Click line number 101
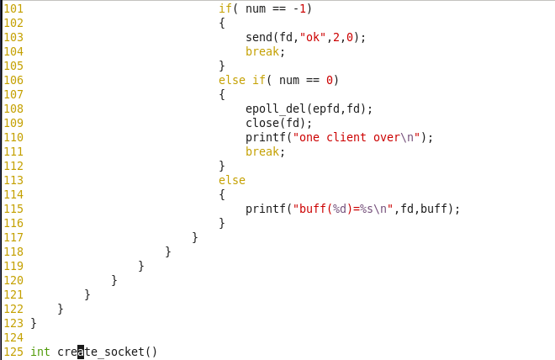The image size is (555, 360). point(13,8)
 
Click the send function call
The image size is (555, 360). point(259,37)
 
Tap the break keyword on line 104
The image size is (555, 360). point(262,51)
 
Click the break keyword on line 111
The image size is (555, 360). point(262,151)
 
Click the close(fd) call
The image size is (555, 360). point(278,123)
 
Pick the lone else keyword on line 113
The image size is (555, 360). point(232,180)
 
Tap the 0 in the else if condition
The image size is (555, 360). point(330,80)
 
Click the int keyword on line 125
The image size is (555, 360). point(40,352)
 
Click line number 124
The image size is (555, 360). point(13,337)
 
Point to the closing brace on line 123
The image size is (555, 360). point(34,323)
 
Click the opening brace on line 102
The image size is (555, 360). point(222,23)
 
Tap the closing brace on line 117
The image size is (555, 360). point(195,237)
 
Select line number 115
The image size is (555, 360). point(13,209)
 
